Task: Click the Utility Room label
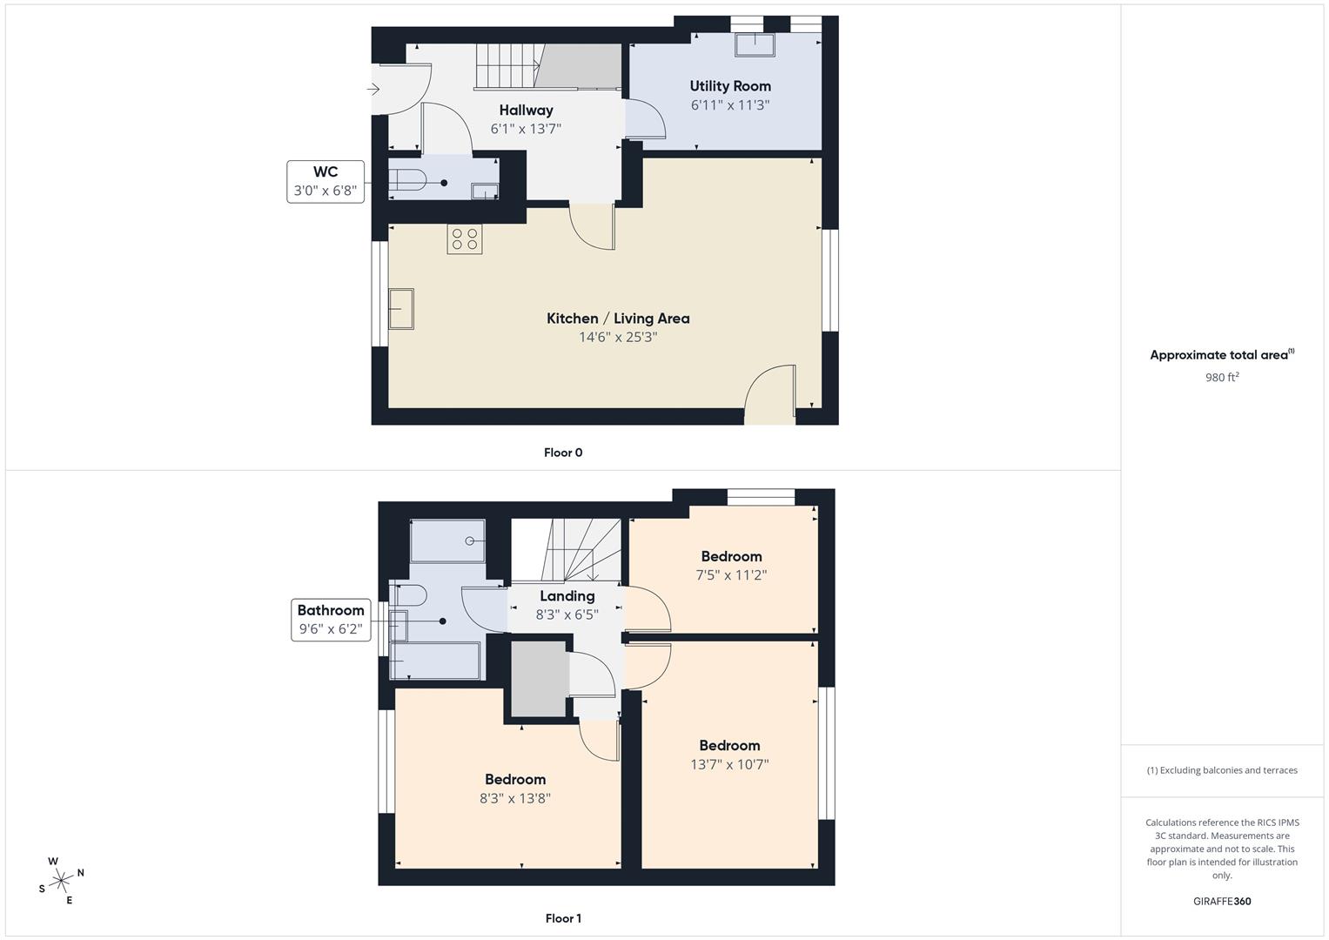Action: [x=729, y=86]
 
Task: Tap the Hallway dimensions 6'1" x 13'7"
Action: [x=526, y=129]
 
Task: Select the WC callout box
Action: [x=326, y=182]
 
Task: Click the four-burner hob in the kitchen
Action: [x=465, y=239]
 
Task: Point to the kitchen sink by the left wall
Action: [x=401, y=309]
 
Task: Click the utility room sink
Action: [x=755, y=44]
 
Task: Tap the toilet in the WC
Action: [x=407, y=180]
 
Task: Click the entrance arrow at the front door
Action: [x=373, y=89]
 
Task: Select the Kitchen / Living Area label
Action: [x=618, y=319]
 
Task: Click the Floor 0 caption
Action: [x=563, y=453]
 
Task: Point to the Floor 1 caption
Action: [x=563, y=918]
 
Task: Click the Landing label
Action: [x=567, y=596]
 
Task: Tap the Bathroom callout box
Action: [x=331, y=620]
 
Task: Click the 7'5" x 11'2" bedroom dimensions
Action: [x=731, y=575]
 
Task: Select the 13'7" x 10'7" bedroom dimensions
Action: [x=729, y=764]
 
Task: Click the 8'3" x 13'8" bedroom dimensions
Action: [x=515, y=798]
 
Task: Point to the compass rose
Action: [x=61, y=881]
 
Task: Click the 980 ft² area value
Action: [x=1222, y=378]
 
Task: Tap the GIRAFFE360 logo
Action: [x=1222, y=902]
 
